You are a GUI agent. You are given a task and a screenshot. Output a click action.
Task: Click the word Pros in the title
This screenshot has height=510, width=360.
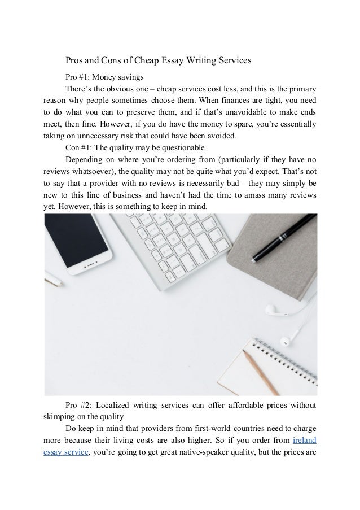pyautogui.click(x=75, y=59)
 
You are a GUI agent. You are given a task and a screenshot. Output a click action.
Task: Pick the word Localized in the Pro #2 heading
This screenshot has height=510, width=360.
pyautogui.click(x=118, y=406)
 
